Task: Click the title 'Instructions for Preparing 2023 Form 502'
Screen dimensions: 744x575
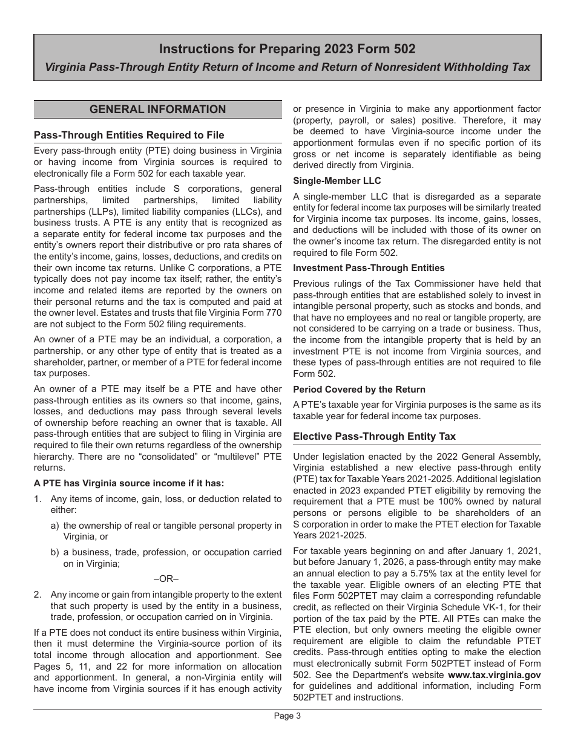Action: coord(287,49)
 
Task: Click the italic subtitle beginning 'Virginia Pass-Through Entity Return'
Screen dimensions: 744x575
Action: coord(287,67)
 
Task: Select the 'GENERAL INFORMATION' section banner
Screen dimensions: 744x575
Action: coord(157,109)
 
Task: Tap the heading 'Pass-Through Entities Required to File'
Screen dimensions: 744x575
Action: coord(129,135)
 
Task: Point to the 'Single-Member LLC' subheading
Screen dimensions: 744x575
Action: coord(337,180)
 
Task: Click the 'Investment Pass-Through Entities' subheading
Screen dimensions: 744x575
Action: coord(369,268)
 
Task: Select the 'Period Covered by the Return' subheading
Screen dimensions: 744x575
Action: coord(359,390)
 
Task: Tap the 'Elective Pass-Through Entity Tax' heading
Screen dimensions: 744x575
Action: coord(374,436)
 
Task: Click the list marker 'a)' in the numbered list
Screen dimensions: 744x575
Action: coord(55,526)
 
